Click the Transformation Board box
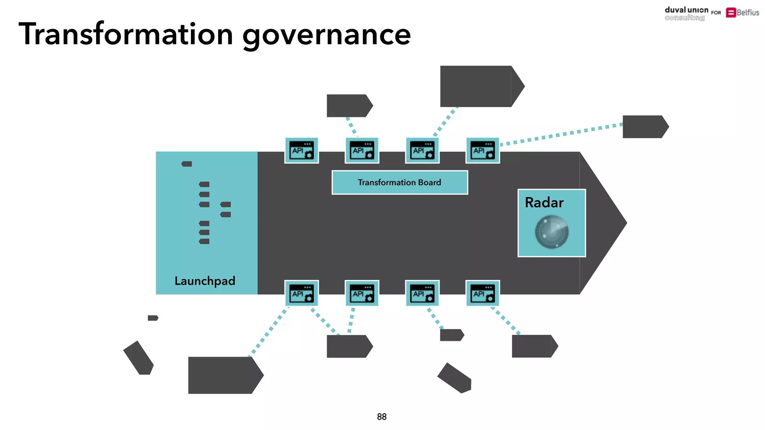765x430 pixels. pos(400,183)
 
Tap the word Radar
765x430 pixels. pos(544,203)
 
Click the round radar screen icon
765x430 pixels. pos(552,232)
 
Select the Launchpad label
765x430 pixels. pos(205,281)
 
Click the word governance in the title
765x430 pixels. pos(326,35)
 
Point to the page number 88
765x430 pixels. pos(382,417)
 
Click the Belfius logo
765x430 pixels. pos(742,13)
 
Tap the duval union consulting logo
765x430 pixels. pos(686,14)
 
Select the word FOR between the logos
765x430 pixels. pos(716,13)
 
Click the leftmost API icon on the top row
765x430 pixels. pos(301,150)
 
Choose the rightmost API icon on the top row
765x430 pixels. pos(483,150)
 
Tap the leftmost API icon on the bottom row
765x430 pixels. pos(301,293)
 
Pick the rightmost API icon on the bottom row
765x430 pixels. pos(483,293)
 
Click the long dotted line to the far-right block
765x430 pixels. pos(560,135)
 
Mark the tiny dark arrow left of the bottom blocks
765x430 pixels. pos(153,318)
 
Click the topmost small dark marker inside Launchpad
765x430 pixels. pos(187,164)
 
